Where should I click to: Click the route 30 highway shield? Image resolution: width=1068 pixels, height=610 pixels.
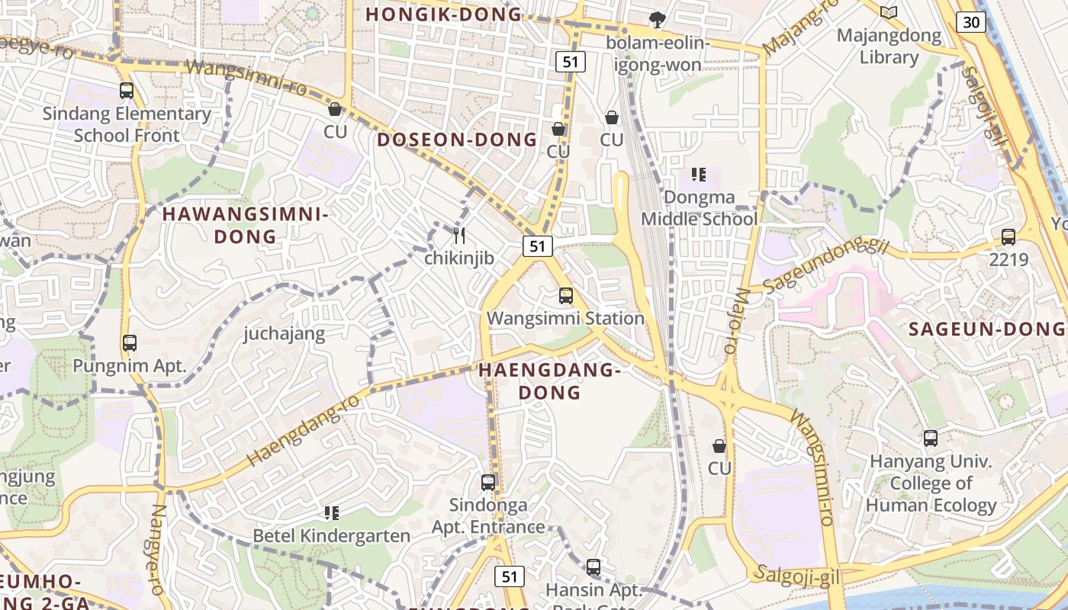(x=971, y=22)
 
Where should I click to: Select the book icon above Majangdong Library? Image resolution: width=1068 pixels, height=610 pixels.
(x=888, y=12)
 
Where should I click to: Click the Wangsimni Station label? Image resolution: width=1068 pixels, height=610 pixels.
(x=565, y=318)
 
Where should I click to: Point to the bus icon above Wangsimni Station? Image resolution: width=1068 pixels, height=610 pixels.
(x=565, y=296)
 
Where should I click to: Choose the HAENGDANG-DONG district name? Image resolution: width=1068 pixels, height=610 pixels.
(x=550, y=381)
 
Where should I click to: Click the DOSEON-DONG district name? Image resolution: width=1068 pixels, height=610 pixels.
(x=457, y=140)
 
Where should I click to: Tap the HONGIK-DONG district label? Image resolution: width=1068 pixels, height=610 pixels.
(x=443, y=14)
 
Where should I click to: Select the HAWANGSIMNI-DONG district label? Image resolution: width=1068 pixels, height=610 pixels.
(x=246, y=226)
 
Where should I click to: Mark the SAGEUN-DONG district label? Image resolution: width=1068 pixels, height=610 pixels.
(x=986, y=329)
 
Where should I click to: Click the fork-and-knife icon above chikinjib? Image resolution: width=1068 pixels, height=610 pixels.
(x=459, y=236)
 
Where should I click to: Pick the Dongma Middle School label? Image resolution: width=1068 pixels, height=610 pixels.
(x=699, y=208)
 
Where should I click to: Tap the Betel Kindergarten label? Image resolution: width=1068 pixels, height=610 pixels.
(x=331, y=536)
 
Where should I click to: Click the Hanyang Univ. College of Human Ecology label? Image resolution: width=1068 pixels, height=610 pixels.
(x=931, y=483)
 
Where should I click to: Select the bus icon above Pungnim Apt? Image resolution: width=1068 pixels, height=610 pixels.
(x=129, y=343)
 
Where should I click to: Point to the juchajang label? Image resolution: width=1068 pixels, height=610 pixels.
(x=284, y=333)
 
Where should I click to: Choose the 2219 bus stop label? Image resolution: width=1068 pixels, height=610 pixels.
(x=1008, y=259)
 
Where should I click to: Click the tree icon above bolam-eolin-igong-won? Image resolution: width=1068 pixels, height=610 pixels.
(x=656, y=20)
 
